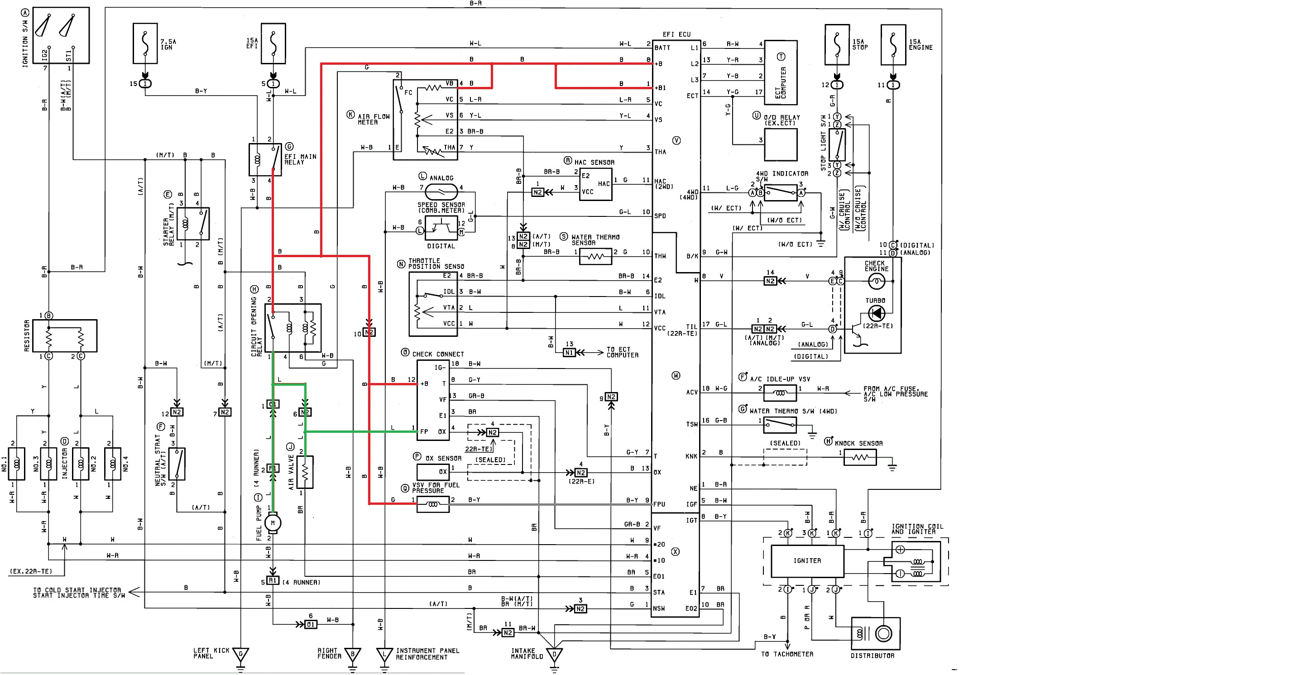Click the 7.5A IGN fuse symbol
pos(145,43)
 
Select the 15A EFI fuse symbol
pos(273,43)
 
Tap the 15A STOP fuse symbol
pos(837,44)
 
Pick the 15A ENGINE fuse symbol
pos(893,44)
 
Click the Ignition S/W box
pos(61,35)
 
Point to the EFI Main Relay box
pos(265,160)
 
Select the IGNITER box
pos(807,560)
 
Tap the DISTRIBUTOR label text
pos(872,656)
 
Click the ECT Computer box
pos(781,72)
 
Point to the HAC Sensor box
pos(596,184)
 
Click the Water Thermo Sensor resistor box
pos(595,257)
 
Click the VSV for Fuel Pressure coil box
pos(433,504)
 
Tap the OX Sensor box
pos(433,472)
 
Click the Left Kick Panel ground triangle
pos(240,655)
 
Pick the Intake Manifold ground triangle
pos(554,655)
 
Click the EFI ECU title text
pos(676,34)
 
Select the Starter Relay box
pos(193,224)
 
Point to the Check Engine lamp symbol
pos(876,281)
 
